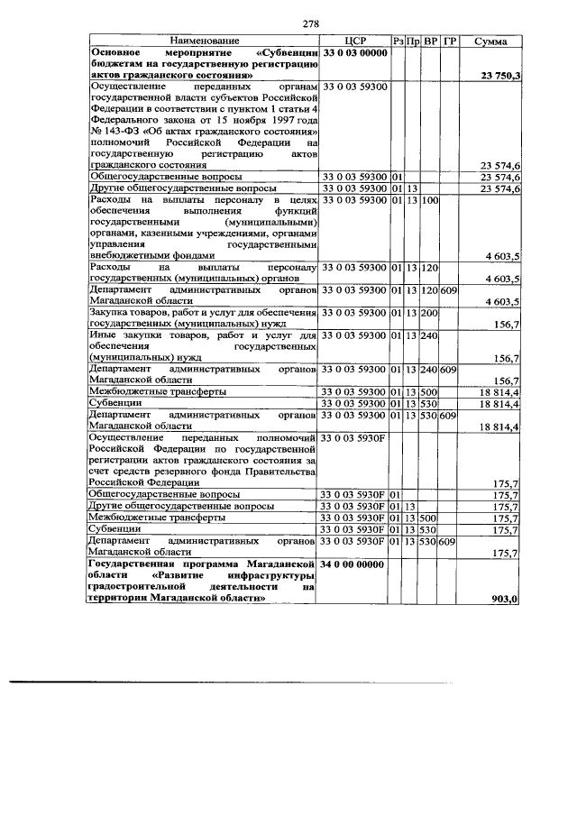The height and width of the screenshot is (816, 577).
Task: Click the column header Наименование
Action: pos(202,41)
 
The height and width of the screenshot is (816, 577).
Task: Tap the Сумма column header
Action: pos(492,41)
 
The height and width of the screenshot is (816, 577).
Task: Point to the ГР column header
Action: pos(451,41)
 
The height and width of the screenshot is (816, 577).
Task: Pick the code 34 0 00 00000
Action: pos(354,564)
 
